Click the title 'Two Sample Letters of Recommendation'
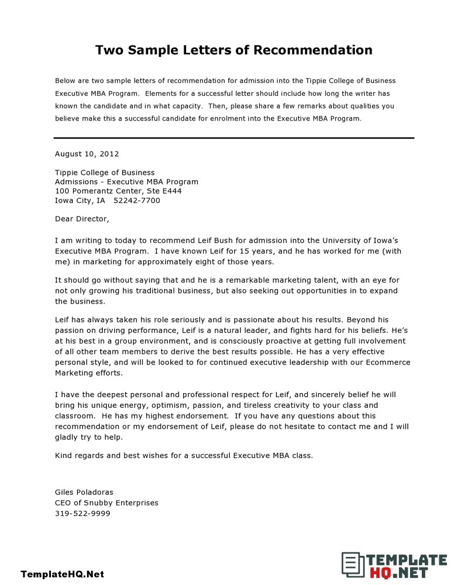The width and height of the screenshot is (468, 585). click(x=233, y=50)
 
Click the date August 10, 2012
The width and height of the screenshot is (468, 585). click(x=87, y=154)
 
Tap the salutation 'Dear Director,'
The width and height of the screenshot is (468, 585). click(x=82, y=219)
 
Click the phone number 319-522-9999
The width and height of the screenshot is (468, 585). click(x=82, y=514)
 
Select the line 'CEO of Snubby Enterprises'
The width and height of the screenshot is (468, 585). click(x=106, y=503)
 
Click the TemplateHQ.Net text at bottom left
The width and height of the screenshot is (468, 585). click(x=62, y=574)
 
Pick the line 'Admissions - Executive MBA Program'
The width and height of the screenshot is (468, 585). click(x=126, y=181)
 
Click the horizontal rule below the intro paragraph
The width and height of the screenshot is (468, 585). click(x=233, y=138)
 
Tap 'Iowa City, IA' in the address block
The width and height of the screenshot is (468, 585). click(x=80, y=200)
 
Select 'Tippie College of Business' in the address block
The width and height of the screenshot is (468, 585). click(x=105, y=172)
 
